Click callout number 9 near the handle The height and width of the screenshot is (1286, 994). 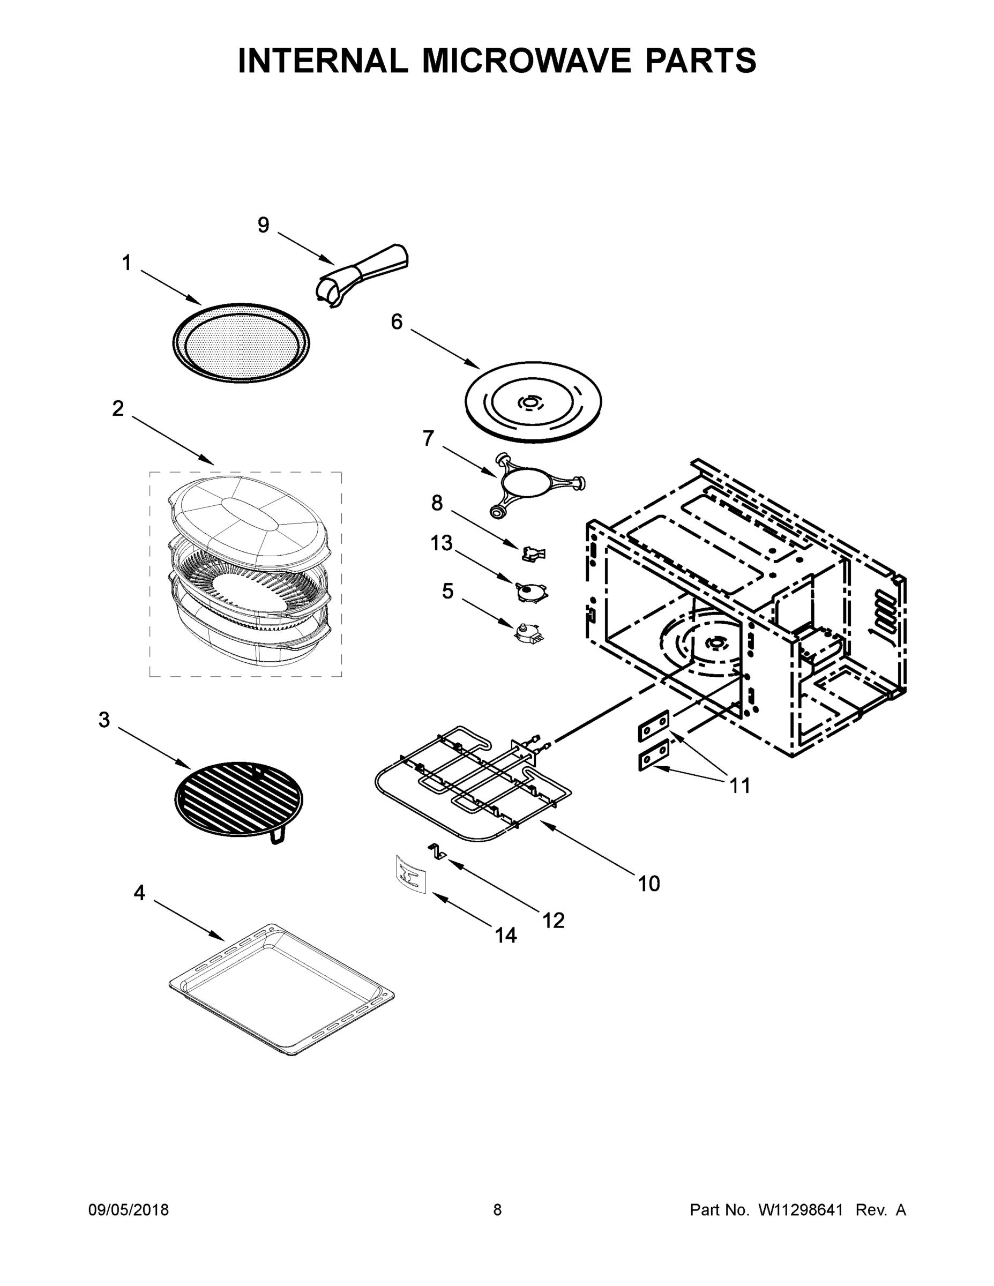coord(263,225)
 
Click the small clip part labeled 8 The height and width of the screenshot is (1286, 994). coord(534,553)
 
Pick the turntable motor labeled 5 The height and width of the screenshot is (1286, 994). coord(528,633)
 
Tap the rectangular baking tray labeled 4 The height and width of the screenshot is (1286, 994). coord(281,988)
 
